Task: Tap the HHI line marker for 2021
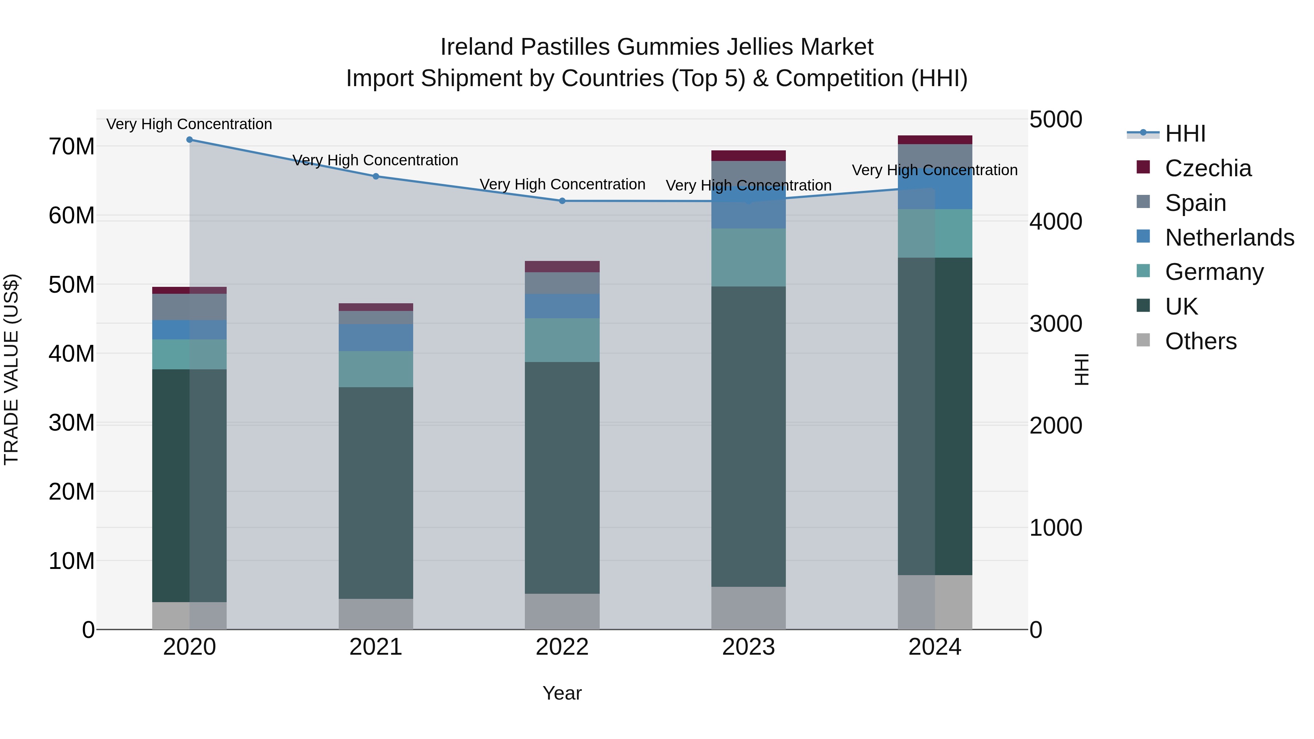coord(376,177)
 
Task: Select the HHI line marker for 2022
coord(562,201)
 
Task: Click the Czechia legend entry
coord(1207,168)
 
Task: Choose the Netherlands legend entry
coord(1229,238)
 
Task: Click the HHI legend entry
coord(1185,134)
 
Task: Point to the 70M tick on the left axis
coord(72,147)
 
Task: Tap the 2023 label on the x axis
coord(748,647)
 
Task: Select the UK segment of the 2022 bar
coord(562,477)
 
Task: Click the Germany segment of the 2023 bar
coord(748,258)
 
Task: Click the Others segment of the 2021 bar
coord(376,614)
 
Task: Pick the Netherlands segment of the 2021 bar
coord(376,338)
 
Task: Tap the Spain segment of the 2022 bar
coord(562,283)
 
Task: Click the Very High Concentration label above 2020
coord(189,124)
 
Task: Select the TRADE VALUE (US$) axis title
coord(11,369)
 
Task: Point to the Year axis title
coord(562,693)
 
